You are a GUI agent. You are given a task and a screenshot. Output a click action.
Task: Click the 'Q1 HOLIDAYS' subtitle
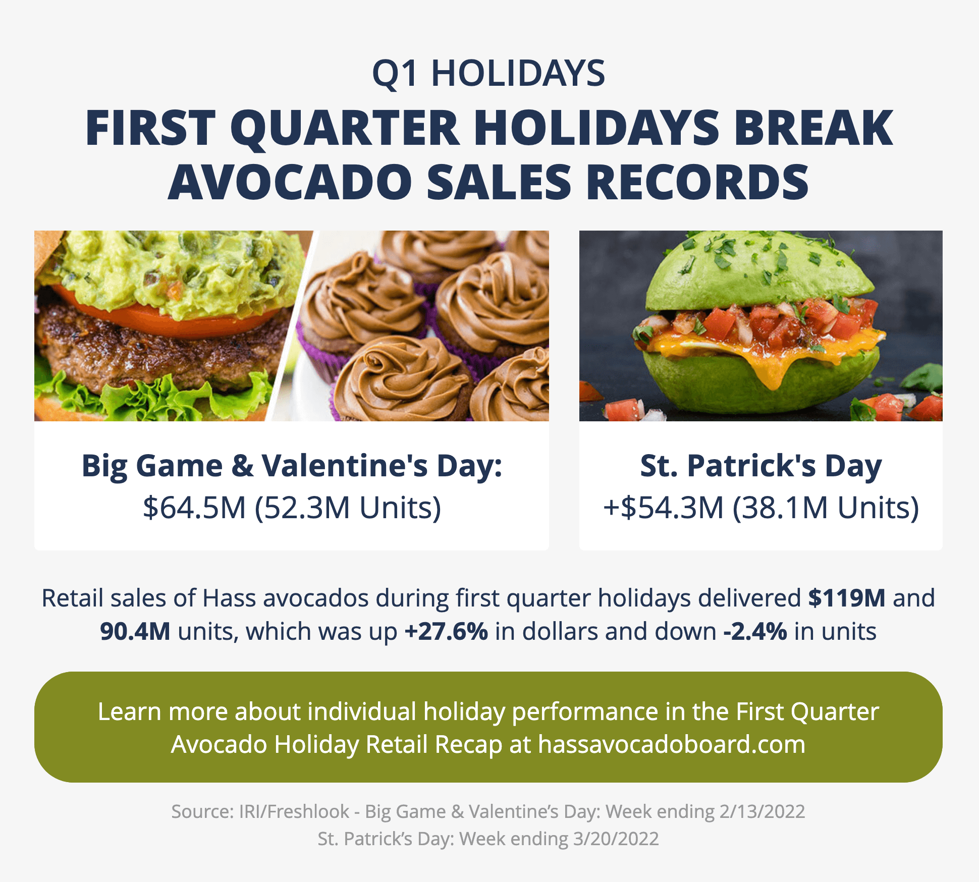click(x=488, y=74)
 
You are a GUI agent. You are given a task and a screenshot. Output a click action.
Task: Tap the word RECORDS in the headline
click(x=697, y=182)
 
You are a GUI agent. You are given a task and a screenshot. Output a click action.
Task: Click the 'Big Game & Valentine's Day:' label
click(x=292, y=466)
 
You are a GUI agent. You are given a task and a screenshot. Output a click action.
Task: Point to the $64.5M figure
click(x=194, y=508)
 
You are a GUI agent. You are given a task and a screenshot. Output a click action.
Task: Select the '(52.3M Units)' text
click(x=348, y=508)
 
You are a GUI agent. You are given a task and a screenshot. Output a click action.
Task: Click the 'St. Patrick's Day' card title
click(x=760, y=466)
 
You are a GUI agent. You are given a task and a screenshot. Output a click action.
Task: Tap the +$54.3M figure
click(x=664, y=508)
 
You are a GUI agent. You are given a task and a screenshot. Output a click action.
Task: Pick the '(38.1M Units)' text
click(x=826, y=508)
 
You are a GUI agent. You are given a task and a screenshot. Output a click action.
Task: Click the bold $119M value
click(x=847, y=598)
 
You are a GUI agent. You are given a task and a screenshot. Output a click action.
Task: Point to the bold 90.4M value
click(x=135, y=631)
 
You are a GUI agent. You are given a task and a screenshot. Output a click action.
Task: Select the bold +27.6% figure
click(x=446, y=631)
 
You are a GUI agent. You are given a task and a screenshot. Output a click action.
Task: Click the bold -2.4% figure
click(x=755, y=631)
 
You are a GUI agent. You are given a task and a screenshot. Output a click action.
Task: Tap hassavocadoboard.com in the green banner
click(x=672, y=744)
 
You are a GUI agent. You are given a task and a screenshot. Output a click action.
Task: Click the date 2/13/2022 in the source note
click(x=762, y=811)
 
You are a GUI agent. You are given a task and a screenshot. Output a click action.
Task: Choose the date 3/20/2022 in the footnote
click(x=616, y=839)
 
